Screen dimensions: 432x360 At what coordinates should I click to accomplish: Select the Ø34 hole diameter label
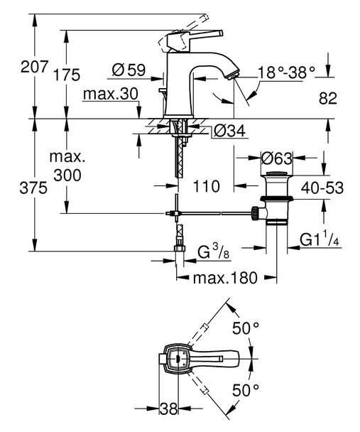click(x=228, y=131)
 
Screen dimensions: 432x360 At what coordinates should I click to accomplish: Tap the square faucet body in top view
click(x=175, y=359)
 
